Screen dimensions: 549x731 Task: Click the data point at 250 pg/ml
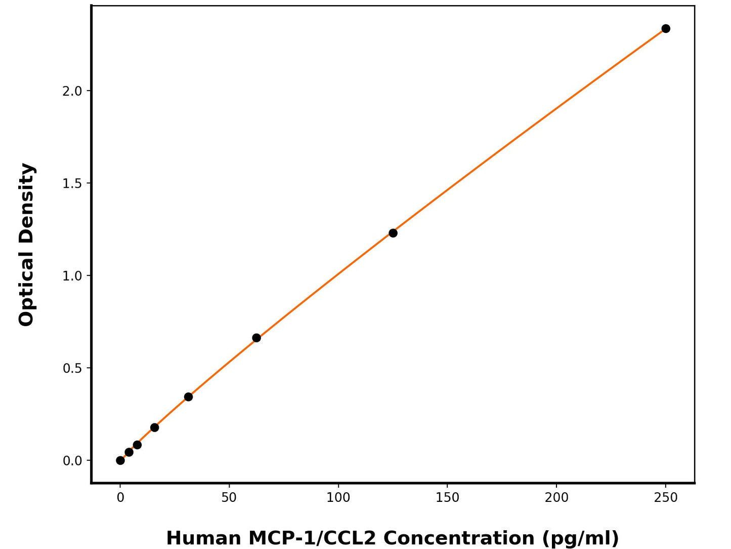(666, 28)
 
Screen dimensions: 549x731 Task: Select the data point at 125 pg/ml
(393, 233)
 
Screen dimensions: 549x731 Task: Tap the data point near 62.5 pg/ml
(256, 338)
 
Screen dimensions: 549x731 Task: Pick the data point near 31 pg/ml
(188, 397)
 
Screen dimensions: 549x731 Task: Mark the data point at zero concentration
(120, 460)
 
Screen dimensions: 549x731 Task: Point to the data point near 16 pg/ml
(155, 427)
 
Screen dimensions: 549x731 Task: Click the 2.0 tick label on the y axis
(72, 91)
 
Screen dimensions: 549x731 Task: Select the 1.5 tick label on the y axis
(72, 183)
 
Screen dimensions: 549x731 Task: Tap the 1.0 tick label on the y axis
(72, 276)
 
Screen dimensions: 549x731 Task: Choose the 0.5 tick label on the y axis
(72, 368)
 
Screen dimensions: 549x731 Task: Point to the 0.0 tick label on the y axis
(72, 461)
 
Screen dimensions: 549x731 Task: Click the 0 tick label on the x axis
(120, 498)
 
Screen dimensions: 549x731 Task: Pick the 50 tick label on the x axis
(229, 498)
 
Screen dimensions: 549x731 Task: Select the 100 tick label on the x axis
(338, 498)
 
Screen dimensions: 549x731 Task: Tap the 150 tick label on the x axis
(448, 498)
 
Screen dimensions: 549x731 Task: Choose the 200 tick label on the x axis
(556, 498)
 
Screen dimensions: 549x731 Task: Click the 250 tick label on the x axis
(666, 498)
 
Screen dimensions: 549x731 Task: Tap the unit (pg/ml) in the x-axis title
(580, 538)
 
